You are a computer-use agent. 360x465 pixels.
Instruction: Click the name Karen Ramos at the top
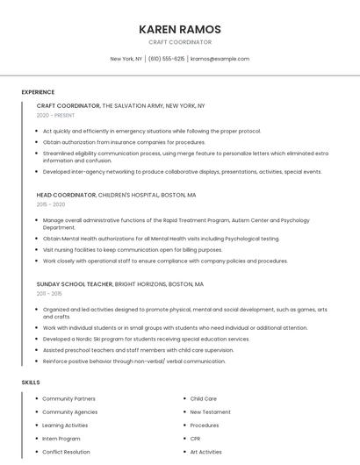tap(179, 29)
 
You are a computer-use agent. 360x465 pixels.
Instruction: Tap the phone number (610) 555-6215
tap(166, 59)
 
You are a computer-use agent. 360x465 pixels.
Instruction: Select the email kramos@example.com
tap(220, 59)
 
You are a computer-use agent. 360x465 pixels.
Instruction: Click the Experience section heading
tap(38, 91)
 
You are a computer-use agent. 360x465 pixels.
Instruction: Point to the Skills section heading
tap(31, 383)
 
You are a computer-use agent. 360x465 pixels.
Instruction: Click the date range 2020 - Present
tap(55, 116)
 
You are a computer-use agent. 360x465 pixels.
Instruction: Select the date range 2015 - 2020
tap(52, 204)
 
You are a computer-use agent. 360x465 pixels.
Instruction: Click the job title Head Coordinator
tap(66, 195)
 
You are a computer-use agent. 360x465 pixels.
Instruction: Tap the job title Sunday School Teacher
tap(74, 284)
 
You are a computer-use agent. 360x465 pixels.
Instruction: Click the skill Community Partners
tap(68, 398)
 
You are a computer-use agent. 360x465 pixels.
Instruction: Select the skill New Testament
tap(210, 411)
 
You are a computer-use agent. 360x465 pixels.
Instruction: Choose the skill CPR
tap(195, 439)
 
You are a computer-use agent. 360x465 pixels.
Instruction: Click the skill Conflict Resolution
tap(66, 452)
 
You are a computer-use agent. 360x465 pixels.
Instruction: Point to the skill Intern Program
tap(61, 439)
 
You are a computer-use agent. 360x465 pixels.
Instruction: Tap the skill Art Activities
tap(205, 452)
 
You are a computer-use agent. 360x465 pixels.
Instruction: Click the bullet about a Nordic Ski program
tap(146, 339)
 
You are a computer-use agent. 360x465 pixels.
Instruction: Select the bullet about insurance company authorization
tap(124, 142)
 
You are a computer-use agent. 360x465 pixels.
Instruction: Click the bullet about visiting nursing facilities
tap(132, 249)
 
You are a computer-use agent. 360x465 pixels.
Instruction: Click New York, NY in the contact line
tap(126, 59)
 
